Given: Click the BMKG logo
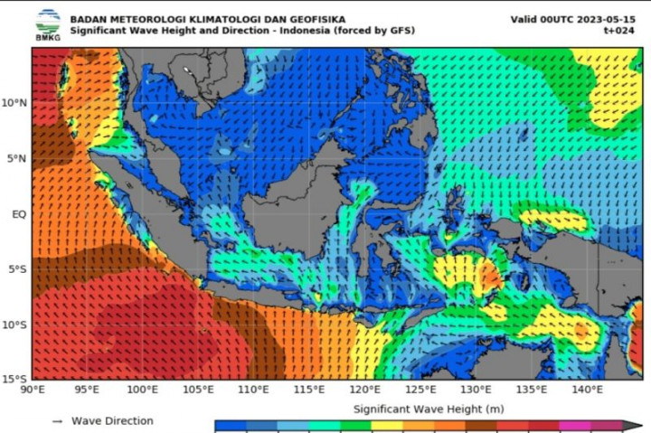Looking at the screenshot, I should click(48, 24).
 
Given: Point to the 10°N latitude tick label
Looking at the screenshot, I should click(15, 103).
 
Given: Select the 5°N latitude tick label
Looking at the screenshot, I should click(18, 159).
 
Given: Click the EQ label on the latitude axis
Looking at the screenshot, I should click(20, 214).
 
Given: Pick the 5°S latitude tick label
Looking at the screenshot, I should click(18, 269).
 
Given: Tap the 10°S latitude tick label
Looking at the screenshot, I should click(15, 325).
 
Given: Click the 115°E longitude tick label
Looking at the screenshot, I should click(309, 390).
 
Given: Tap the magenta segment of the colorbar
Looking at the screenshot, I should click(575, 426).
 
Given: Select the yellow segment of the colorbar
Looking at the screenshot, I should click(386, 426).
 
